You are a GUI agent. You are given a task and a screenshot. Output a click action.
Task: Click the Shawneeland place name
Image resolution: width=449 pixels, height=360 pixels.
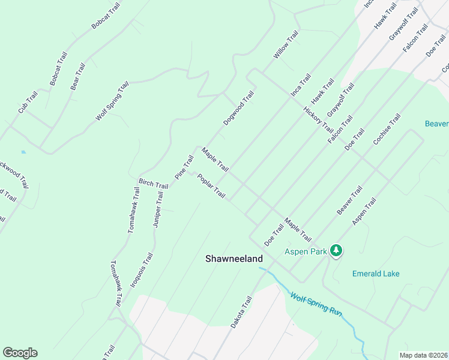coord(234,259)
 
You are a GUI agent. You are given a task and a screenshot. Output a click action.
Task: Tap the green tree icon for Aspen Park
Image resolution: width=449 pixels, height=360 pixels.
coord(337,250)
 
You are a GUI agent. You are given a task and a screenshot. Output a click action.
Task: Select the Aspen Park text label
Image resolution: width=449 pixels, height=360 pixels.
coord(306,251)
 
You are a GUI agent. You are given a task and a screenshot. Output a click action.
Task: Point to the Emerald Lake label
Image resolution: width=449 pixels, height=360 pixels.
coord(376,274)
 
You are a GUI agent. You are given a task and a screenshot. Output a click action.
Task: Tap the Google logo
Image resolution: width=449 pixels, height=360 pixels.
coord(20,353)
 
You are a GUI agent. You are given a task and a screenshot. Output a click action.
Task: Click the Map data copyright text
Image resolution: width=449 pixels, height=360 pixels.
coord(424,355)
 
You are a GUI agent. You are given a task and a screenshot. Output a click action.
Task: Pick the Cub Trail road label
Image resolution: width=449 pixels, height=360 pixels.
coord(28,102)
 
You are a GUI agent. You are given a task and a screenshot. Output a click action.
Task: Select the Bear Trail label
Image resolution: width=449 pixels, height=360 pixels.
coord(78,76)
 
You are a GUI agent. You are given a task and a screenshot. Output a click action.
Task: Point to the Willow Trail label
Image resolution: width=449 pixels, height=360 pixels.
coord(286,46)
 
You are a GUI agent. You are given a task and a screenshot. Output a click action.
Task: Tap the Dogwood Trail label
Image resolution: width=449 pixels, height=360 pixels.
coord(239,109)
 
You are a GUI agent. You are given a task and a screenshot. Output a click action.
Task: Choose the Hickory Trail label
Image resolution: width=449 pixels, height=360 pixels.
coord(318,119)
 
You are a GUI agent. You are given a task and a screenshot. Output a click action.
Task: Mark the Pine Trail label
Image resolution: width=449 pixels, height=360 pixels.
coord(184,167)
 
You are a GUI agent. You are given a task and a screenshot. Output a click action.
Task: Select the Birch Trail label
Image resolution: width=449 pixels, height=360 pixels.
coord(153,184)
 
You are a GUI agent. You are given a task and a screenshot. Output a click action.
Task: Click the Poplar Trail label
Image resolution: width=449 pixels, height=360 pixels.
coord(211,187)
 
